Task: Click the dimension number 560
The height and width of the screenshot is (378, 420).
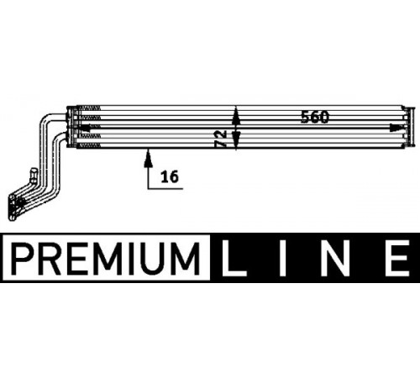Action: pyautogui.click(x=315, y=117)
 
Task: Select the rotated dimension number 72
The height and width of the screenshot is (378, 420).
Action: pyautogui.click(x=221, y=139)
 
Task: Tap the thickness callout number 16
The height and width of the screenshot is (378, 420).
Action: pyautogui.click(x=170, y=177)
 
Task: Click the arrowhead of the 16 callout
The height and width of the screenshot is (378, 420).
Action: pyautogui.click(x=149, y=159)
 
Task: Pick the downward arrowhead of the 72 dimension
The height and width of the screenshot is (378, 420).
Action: pyautogui.click(x=237, y=139)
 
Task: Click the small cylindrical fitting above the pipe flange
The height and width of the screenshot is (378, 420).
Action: pyautogui.click(x=34, y=176)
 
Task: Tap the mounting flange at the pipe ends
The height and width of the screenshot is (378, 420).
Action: pyautogui.click(x=13, y=208)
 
